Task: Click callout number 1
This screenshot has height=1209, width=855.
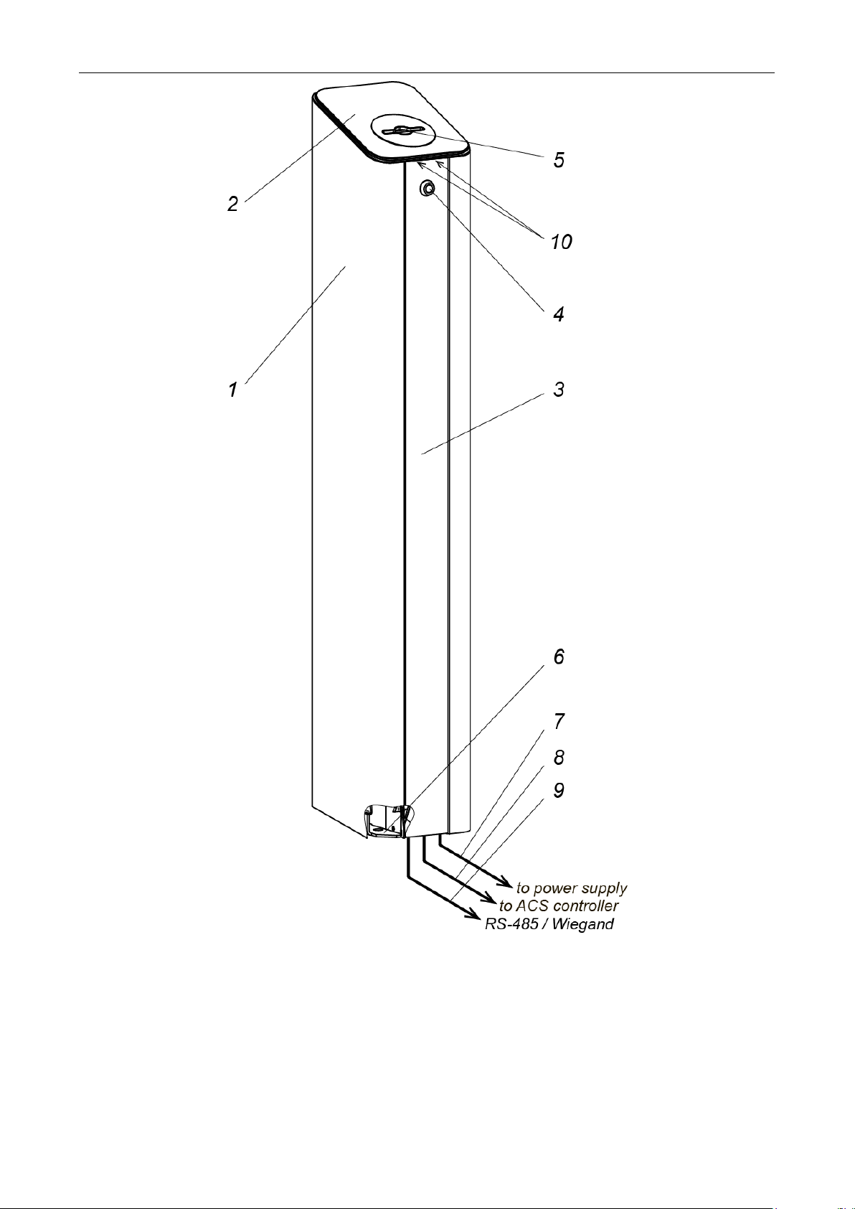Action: point(232,390)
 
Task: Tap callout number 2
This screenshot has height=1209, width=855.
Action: point(232,204)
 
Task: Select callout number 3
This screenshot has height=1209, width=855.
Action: point(559,390)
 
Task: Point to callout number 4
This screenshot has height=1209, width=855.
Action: point(559,314)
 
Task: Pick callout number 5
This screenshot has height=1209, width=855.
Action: point(559,159)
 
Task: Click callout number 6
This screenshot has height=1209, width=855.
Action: point(559,657)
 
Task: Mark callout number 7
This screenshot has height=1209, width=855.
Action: point(559,721)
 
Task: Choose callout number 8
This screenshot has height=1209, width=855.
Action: point(559,757)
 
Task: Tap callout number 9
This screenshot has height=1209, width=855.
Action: point(559,790)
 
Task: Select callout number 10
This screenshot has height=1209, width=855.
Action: point(561,242)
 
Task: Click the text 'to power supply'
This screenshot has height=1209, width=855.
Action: point(572,888)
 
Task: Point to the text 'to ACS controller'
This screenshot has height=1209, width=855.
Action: point(559,906)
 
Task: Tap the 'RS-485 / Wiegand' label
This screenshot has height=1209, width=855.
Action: point(549,924)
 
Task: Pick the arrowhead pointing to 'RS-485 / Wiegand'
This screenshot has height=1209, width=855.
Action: point(474,914)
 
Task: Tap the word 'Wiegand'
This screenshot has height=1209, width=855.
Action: point(584,924)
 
